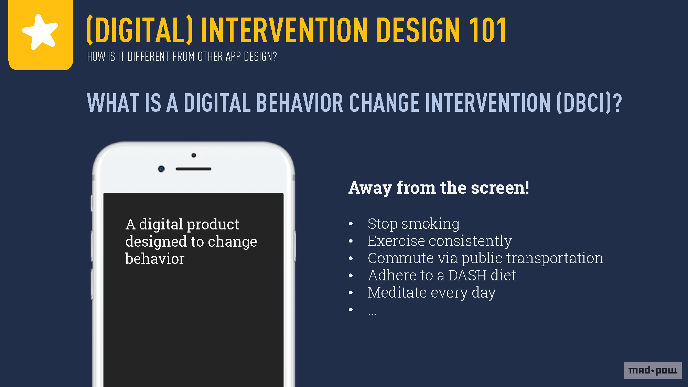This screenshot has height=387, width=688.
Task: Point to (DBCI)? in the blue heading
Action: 589,103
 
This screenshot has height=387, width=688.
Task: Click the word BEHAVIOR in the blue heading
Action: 300,103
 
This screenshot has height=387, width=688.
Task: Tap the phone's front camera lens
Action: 161,169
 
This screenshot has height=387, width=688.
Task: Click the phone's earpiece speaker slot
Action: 193,169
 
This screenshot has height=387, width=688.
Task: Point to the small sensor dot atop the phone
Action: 194,155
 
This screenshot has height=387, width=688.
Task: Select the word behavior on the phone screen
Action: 155,259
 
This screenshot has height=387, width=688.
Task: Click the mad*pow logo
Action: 653,370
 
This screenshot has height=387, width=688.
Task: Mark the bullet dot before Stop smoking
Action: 351,224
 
